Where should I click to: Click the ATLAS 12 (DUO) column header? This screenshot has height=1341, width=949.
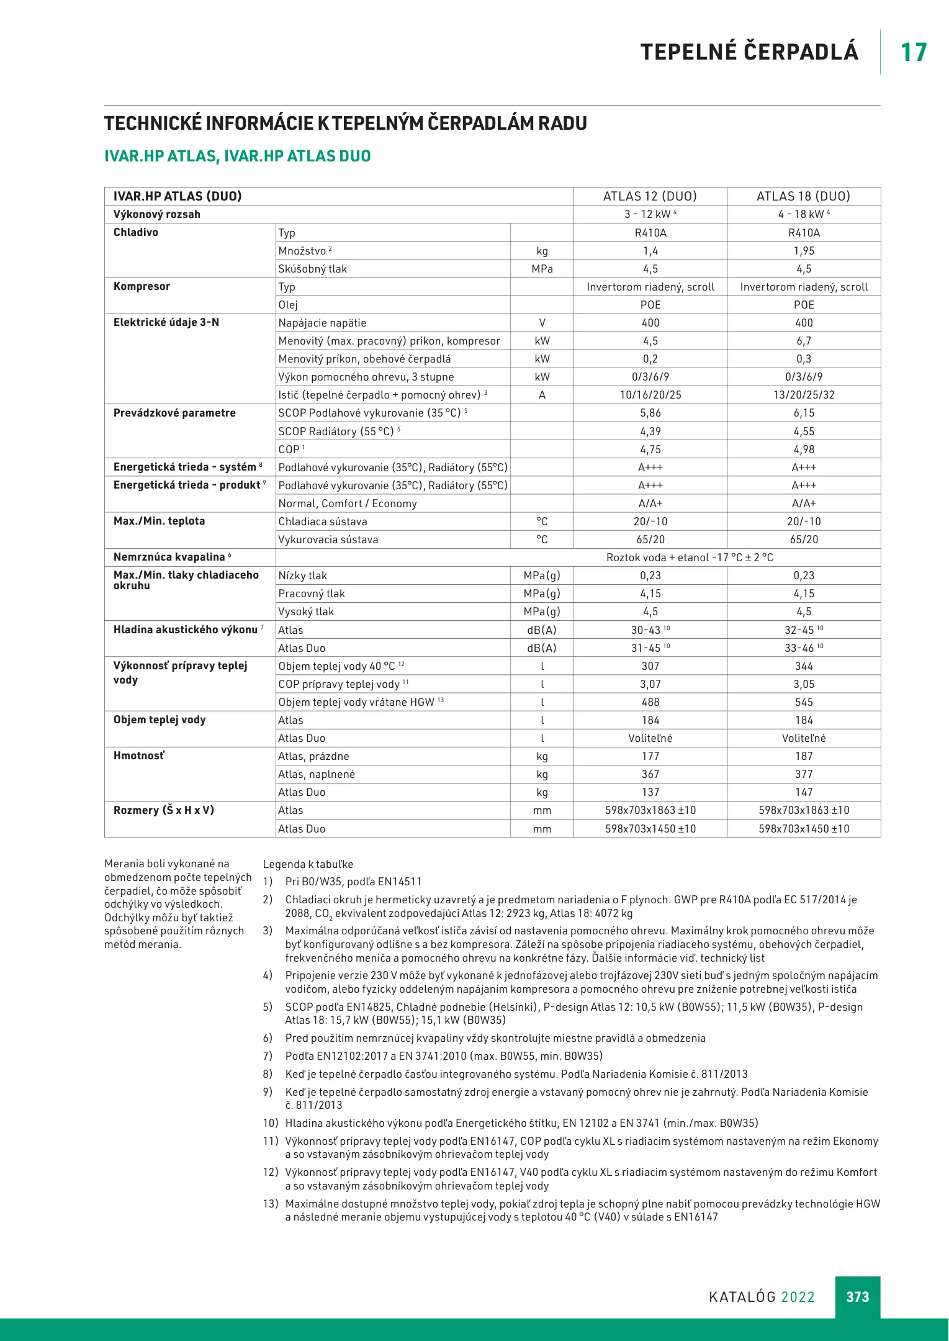(x=650, y=196)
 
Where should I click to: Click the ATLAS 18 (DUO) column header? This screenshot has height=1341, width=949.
(x=803, y=196)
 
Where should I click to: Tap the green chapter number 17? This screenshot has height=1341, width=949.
(x=914, y=52)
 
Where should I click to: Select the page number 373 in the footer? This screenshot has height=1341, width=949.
(x=857, y=1296)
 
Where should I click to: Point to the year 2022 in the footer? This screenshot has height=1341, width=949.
(x=798, y=1297)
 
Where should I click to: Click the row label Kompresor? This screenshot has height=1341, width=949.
(x=142, y=286)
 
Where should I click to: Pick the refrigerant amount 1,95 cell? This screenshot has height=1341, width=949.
(x=804, y=251)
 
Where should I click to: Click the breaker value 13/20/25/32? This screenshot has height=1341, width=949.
(x=804, y=395)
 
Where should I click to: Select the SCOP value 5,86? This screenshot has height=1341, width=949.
(x=650, y=413)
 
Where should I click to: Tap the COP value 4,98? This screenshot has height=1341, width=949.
(x=804, y=449)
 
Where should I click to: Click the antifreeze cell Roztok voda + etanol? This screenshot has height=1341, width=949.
(x=690, y=558)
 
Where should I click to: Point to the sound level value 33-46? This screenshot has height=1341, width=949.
(x=800, y=648)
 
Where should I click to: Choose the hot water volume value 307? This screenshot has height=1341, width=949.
(x=650, y=666)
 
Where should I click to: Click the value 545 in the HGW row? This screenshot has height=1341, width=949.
(x=804, y=702)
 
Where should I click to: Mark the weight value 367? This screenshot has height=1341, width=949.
(x=650, y=774)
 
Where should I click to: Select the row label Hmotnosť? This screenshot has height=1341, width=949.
(x=139, y=756)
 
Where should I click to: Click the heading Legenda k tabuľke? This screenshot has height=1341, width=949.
(x=308, y=864)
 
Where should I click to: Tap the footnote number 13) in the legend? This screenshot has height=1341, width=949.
(x=271, y=1204)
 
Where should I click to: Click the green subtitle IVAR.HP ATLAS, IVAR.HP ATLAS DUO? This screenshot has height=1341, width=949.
(x=237, y=156)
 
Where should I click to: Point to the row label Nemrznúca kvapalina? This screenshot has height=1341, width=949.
(x=169, y=557)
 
